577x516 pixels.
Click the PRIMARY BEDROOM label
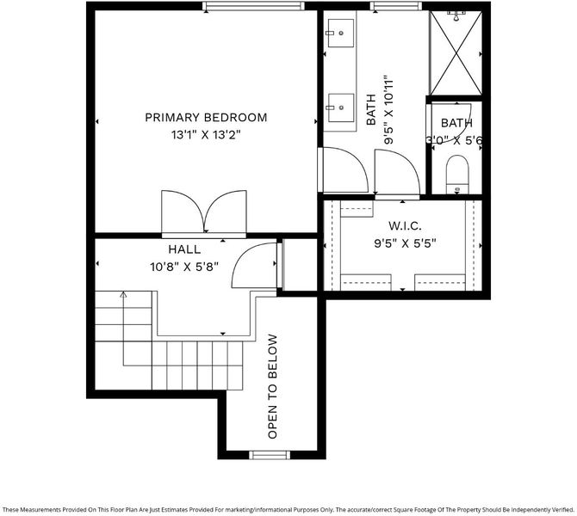tap(206, 118)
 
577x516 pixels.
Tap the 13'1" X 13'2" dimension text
tap(206, 135)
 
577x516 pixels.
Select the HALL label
tap(184, 249)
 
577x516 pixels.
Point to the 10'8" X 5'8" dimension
tap(184, 267)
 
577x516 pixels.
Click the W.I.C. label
tap(405, 225)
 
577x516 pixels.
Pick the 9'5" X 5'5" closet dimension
tap(405, 243)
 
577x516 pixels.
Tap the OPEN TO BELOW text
tap(272, 386)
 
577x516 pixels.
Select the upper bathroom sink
tap(341, 33)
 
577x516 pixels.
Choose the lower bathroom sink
tap(341, 107)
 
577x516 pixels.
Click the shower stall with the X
tap(456, 53)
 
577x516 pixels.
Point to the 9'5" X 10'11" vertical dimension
tap(388, 110)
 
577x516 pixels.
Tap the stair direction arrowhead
tap(123, 294)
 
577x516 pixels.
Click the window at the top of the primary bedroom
tap(253, 6)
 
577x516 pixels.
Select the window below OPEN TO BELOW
tap(270, 455)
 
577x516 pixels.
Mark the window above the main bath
tap(395, 6)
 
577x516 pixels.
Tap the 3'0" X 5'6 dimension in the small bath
tap(455, 140)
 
